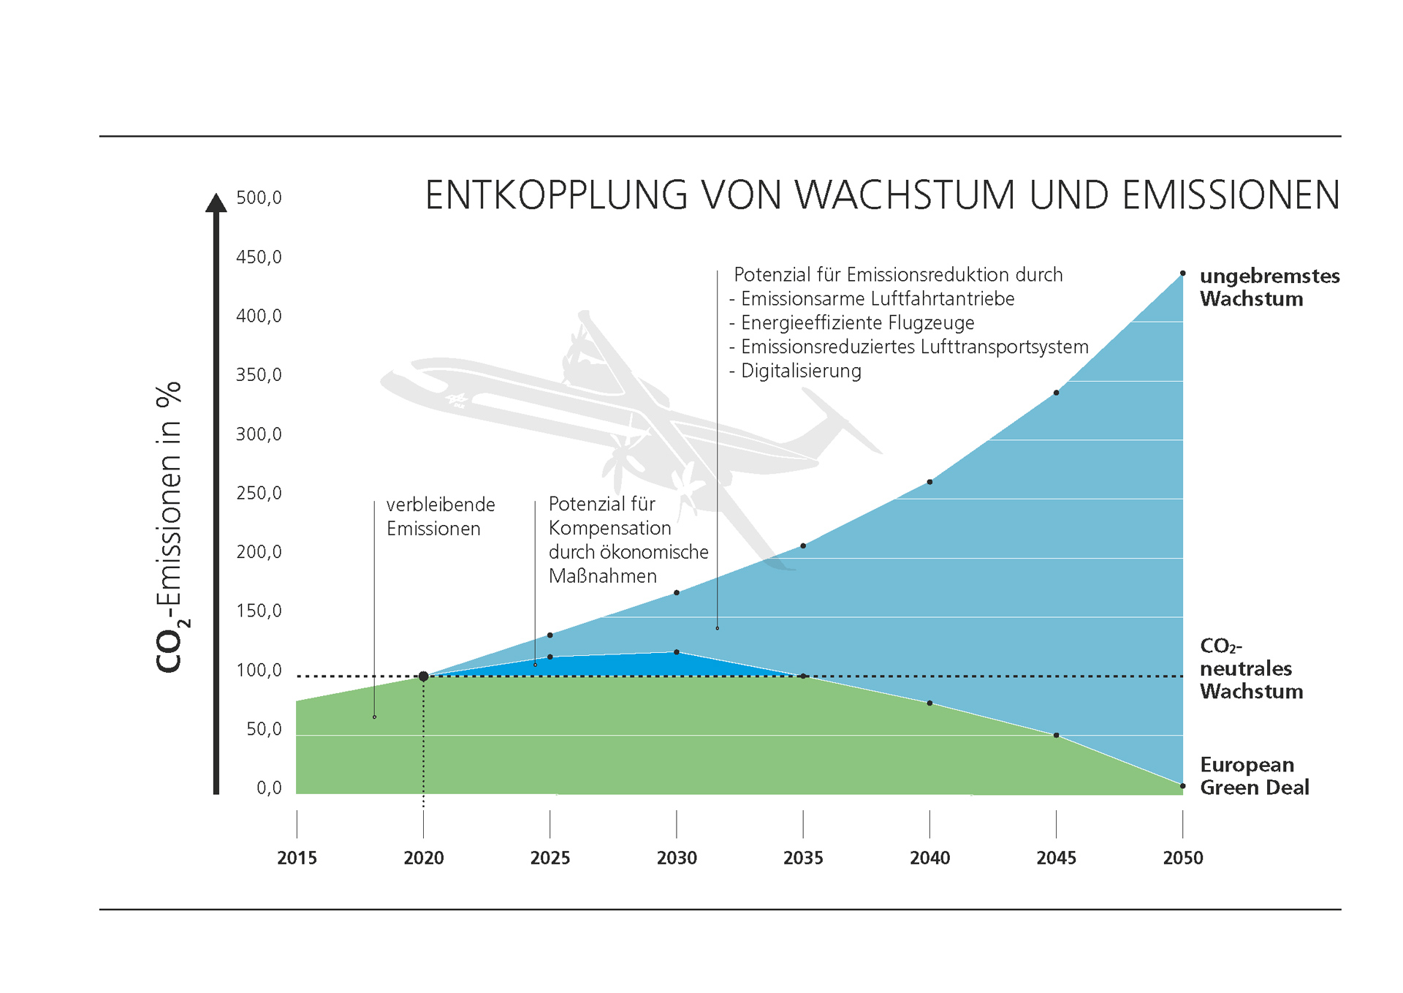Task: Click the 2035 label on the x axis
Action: pos(802,858)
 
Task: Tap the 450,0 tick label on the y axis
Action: pos(259,257)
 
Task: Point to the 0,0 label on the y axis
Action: pos(269,788)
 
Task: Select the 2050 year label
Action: pos(1182,858)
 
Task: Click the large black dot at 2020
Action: pos(423,676)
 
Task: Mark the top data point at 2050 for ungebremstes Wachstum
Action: pos(1182,273)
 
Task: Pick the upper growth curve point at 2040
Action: pos(929,482)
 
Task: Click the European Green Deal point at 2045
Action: pos(1056,735)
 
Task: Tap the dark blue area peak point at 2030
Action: pos(677,652)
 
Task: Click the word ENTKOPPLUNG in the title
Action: pos(556,196)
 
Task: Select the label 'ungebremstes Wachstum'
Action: pos(1269,287)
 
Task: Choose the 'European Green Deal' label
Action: pos(1254,776)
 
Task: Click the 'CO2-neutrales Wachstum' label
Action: pos(1251,668)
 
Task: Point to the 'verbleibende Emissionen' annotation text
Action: pos(440,516)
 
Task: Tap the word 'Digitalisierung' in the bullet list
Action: pos(801,371)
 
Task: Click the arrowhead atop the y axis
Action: pos(216,203)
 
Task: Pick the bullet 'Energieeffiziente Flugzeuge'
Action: pos(857,322)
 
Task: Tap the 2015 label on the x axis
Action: pos(297,858)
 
